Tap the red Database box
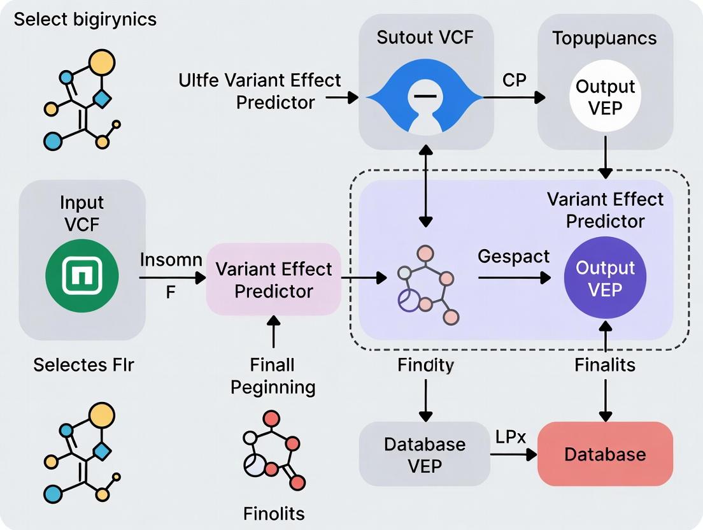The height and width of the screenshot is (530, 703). point(605,454)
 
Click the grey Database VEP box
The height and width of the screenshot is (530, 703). point(425,454)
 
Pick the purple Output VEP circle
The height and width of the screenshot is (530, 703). point(605,278)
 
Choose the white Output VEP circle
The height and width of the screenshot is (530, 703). point(605,96)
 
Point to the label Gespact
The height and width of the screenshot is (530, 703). point(513,256)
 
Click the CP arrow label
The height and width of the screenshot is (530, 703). point(513,81)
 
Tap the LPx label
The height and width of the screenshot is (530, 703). point(510,437)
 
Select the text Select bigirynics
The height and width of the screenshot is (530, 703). point(85,19)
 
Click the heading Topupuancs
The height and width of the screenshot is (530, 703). point(604,38)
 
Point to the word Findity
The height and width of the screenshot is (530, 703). point(425,365)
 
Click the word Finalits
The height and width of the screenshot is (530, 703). point(604,365)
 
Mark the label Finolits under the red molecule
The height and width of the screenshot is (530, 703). point(274,513)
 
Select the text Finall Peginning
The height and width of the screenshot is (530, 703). point(273,376)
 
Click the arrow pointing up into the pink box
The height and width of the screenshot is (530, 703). point(274,333)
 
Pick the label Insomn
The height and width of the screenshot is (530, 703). point(171,260)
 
